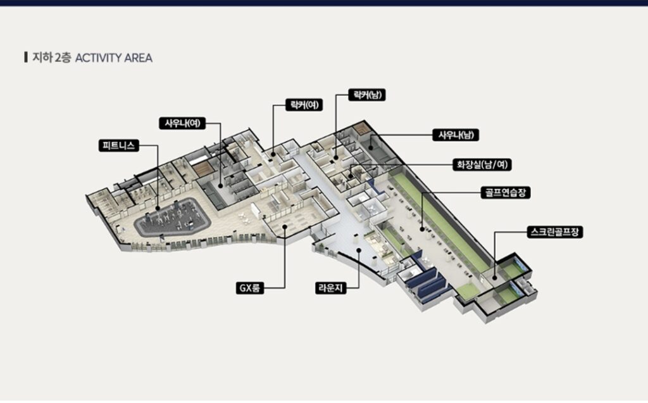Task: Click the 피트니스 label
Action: pyautogui.click(x=119, y=146)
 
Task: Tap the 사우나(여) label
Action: pyautogui.click(x=182, y=123)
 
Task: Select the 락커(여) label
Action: pyautogui.click(x=304, y=105)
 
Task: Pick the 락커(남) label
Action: pyautogui.click(x=367, y=95)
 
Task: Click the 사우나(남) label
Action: pyautogui.click(x=456, y=135)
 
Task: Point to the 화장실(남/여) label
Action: pyautogui.click(x=482, y=164)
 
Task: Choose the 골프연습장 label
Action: pyautogui.click(x=506, y=192)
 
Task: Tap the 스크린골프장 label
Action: pyautogui.click(x=555, y=232)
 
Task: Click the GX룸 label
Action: pyautogui.click(x=249, y=288)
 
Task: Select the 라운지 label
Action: pyautogui.click(x=331, y=288)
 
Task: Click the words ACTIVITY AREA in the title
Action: pyautogui.click(x=114, y=58)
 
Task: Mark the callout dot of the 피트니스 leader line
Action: pyautogui.click(x=158, y=208)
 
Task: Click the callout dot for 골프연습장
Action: pyautogui.click(x=422, y=229)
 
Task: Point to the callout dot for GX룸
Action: pyautogui.click(x=285, y=226)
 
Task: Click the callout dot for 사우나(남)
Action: pyautogui.click(x=371, y=147)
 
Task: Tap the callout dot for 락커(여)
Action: pyautogui.click(x=273, y=154)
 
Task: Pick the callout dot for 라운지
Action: pyautogui.click(x=359, y=250)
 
